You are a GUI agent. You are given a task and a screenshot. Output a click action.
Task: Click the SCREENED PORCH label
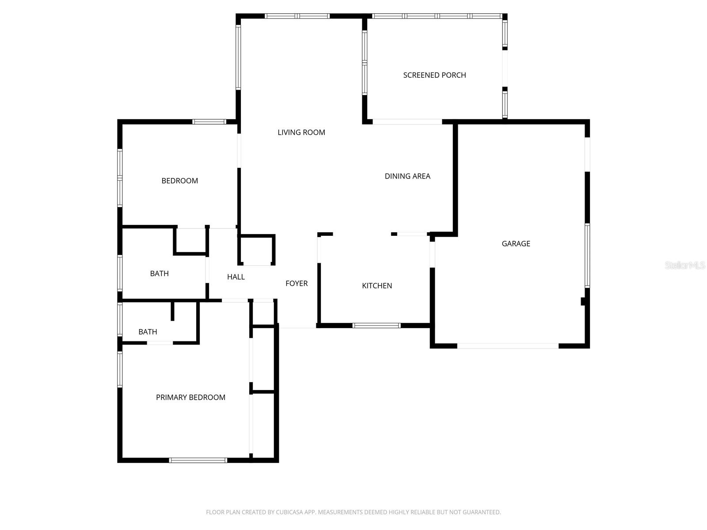(434, 75)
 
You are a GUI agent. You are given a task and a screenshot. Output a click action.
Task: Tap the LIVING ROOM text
(301, 132)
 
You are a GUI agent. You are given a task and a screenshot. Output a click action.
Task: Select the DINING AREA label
(407, 176)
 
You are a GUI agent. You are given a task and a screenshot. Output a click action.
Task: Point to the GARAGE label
(516, 243)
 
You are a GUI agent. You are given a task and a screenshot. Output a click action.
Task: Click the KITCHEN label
(377, 286)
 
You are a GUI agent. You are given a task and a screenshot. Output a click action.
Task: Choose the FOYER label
(296, 284)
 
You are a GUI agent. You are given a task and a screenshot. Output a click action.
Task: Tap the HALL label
(236, 277)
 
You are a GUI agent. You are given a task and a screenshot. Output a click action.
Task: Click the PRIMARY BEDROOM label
(190, 397)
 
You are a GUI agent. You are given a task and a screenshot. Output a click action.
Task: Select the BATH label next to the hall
(159, 274)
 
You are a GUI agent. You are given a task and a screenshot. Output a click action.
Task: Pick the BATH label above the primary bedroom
(148, 332)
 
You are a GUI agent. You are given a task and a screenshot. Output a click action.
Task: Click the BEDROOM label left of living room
(179, 181)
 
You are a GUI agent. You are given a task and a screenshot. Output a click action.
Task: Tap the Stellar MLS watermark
(684, 265)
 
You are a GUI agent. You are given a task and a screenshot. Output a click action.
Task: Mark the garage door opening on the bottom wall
(508, 346)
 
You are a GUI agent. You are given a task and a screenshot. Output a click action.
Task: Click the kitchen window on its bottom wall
(376, 326)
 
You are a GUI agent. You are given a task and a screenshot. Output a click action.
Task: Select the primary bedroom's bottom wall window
(198, 460)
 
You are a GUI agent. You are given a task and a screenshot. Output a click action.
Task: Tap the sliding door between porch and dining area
(407, 121)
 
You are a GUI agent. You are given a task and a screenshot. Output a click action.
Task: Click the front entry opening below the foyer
(297, 327)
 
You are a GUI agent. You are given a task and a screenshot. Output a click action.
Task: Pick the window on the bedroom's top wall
(209, 121)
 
